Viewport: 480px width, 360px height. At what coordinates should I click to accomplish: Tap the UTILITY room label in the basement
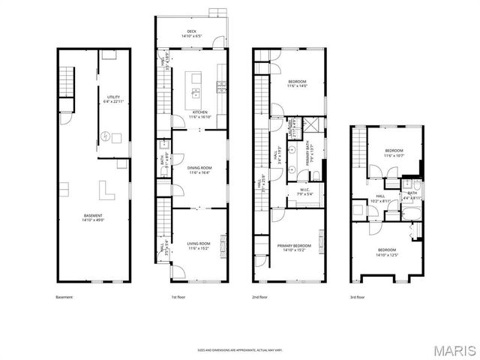(113, 100)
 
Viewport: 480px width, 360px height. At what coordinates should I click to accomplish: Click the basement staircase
(68, 80)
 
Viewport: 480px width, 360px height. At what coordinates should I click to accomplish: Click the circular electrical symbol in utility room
(106, 136)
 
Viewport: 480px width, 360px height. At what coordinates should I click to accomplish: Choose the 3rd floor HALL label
(380, 199)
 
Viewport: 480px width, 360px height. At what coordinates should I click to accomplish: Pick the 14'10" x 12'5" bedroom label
(386, 252)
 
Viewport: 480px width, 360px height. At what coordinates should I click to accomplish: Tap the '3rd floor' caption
(358, 298)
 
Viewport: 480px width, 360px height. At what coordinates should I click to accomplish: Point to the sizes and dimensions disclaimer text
(240, 349)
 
